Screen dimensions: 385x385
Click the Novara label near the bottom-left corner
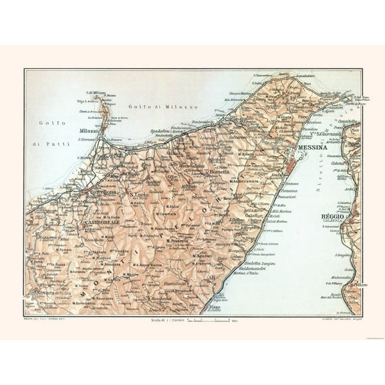tap(45, 292)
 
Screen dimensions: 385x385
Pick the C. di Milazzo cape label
tap(97, 92)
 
